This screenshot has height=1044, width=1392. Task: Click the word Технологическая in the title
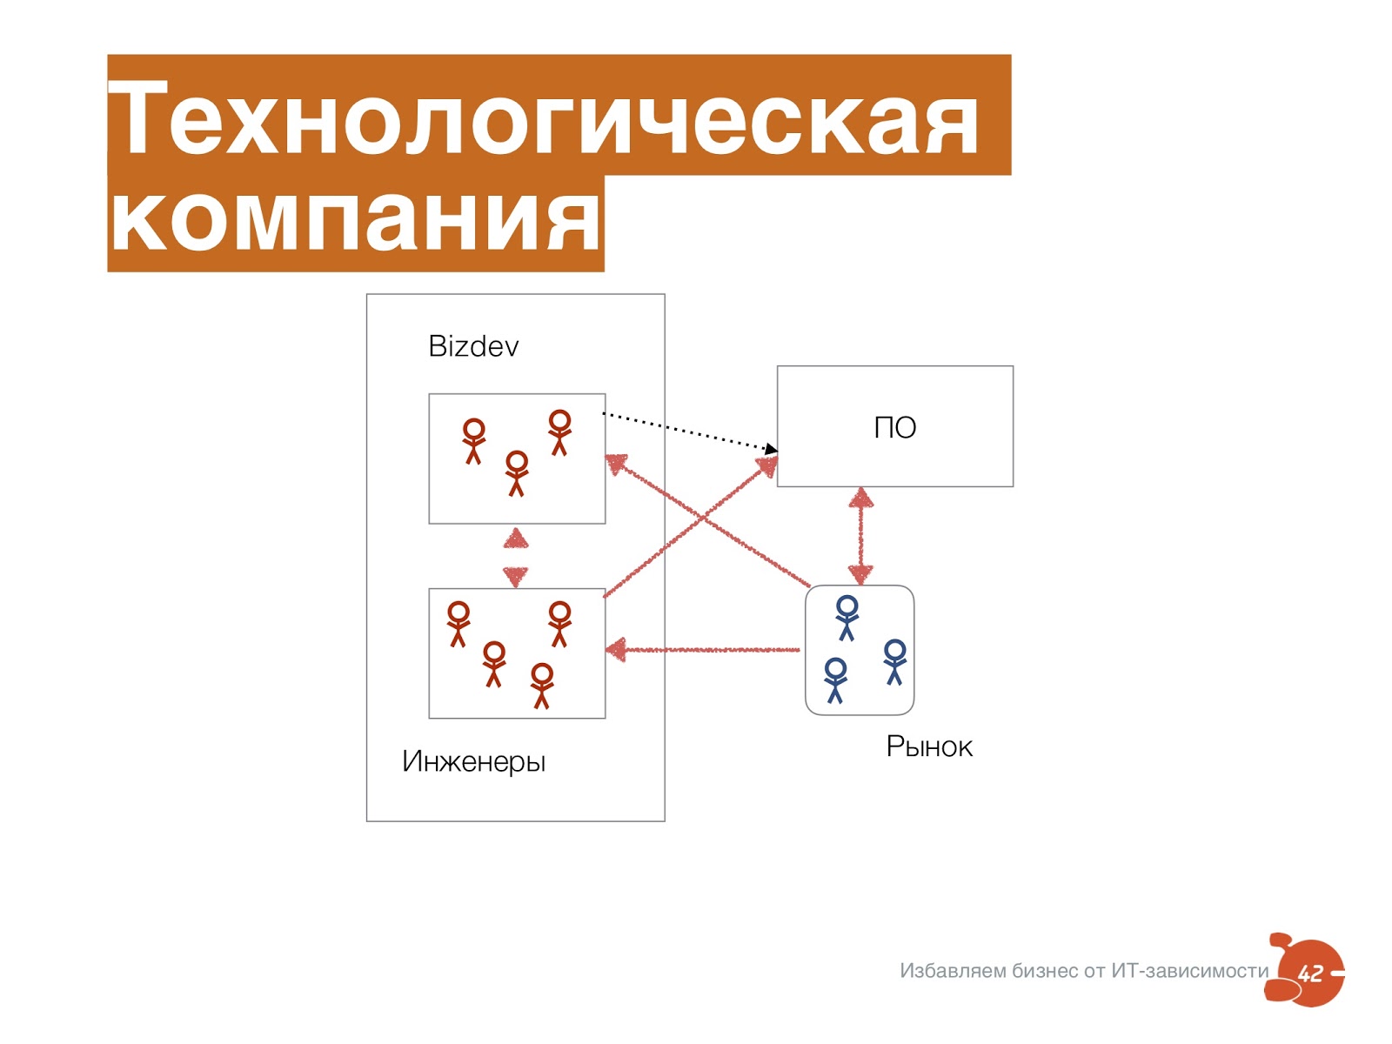(x=544, y=117)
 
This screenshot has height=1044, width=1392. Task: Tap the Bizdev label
(x=473, y=346)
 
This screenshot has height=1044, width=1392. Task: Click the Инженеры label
(x=473, y=761)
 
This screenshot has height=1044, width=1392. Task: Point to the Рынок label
(x=928, y=746)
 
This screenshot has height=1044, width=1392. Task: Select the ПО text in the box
(x=894, y=428)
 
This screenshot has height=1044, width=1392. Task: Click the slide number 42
(x=1310, y=974)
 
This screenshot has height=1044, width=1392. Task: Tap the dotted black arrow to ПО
(x=687, y=431)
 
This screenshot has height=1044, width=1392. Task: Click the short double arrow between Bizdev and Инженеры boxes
(x=516, y=557)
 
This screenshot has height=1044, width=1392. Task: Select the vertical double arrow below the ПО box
(x=860, y=535)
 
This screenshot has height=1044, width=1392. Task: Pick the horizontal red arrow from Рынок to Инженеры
(x=705, y=650)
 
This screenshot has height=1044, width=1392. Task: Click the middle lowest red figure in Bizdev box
(x=517, y=472)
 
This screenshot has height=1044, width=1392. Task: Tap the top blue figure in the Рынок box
(x=847, y=617)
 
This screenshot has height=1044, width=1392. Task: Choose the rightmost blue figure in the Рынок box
(x=894, y=661)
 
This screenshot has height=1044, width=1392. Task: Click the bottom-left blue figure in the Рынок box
(x=835, y=679)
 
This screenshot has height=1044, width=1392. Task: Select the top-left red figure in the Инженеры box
(x=458, y=623)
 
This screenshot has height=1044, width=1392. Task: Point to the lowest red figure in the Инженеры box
(x=542, y=686)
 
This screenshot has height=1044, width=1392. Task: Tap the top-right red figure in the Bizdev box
(x=559, y=432)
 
